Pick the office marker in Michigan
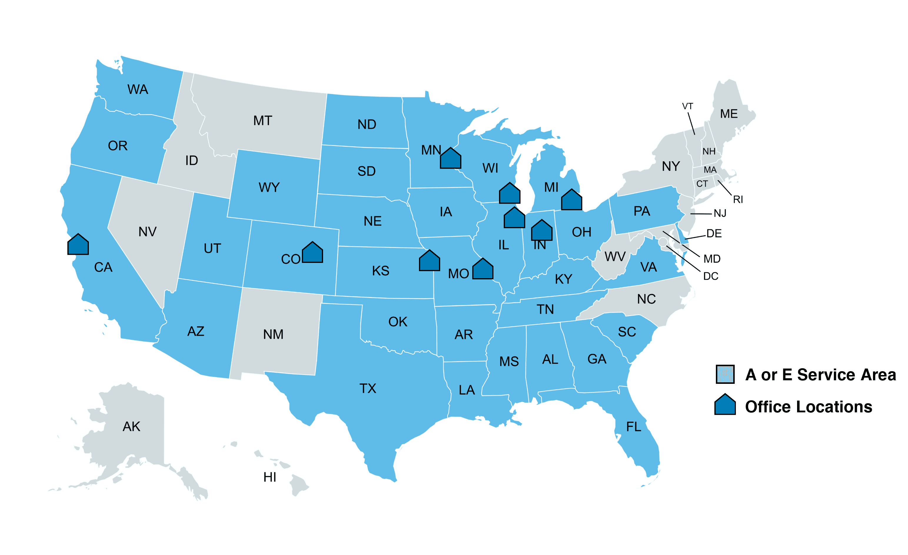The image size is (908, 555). click(x=572, y=200)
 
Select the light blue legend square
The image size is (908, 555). click(x=725, y=374)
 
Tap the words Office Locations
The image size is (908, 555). click(x=809, y=406)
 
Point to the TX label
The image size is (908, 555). click(x=368, y=389)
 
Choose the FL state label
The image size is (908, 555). click(x=633, y=427)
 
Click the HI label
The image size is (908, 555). click(x=270, y=477)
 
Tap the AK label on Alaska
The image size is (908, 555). click(x=131, y=426)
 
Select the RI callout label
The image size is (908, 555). click(x=738, y=200)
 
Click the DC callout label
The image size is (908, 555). click(x=711, y=276)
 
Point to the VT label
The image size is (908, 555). click(x=687, y=106)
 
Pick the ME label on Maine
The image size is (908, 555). click(x=729, y=114)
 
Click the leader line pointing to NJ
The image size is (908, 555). click(x=701, y=214)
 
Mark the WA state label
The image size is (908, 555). click(x=138, y=89)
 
